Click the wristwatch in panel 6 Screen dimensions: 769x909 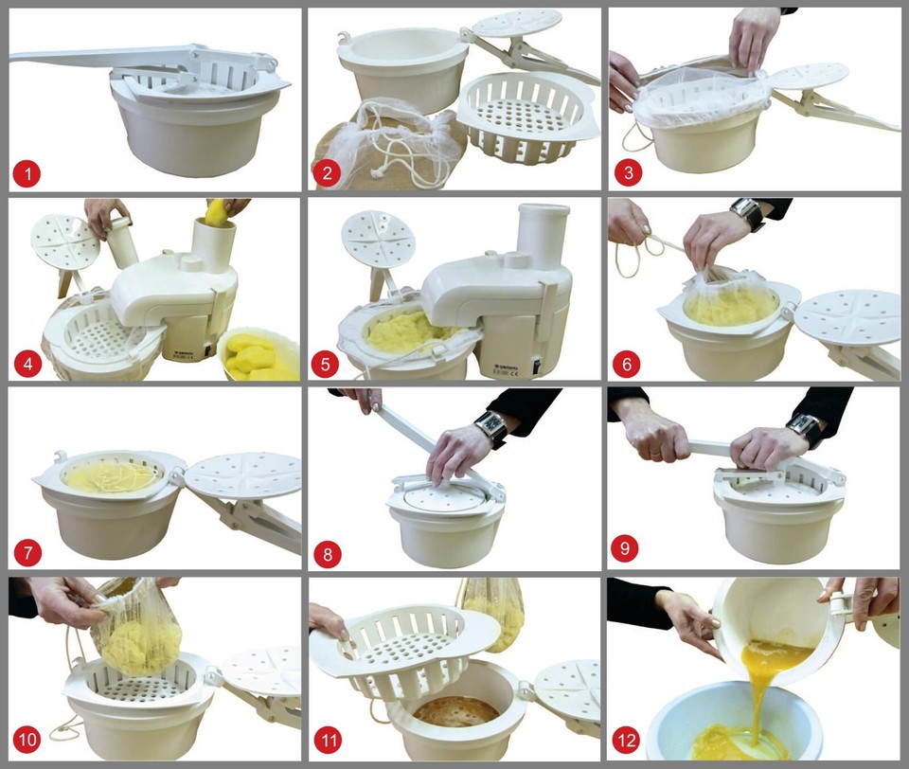(x=746, y=215)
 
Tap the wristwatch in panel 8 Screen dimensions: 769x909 (x=492, y=428)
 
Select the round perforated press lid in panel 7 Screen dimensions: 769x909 (x=242, y=475)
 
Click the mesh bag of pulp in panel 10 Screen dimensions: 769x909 (x=139, y=633)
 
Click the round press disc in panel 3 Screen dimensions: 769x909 (x=811, y=76)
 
